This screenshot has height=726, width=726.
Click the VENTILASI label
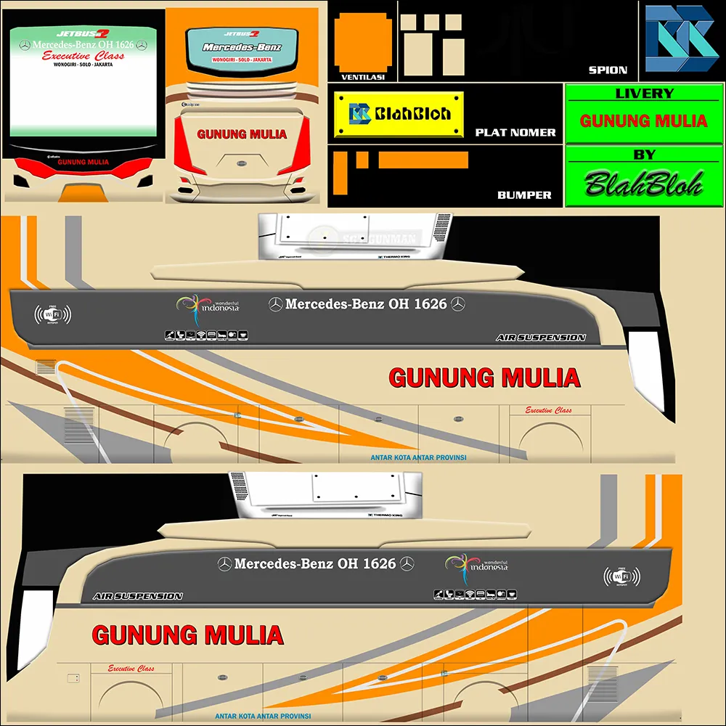[363, 76]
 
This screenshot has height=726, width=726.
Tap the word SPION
[608, 70]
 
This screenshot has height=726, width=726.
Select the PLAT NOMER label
[515, 133]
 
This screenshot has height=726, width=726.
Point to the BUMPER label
[524, 195]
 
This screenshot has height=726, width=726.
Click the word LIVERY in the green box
[644, 94]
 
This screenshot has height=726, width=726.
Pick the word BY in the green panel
[644, 155]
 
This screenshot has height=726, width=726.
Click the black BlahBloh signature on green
[644, 184]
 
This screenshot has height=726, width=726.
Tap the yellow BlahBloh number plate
[399, 114]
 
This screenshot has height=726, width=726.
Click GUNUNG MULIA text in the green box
[644, 121]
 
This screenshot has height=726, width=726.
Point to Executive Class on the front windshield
[83, 56]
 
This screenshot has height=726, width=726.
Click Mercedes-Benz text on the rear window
[242, 48]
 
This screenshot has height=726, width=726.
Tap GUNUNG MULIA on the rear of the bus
[242, 134]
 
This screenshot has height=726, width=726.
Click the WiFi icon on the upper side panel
[52, 315]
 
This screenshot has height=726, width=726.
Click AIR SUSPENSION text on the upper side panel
[541, 338]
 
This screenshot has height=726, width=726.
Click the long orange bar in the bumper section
[423, 160]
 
